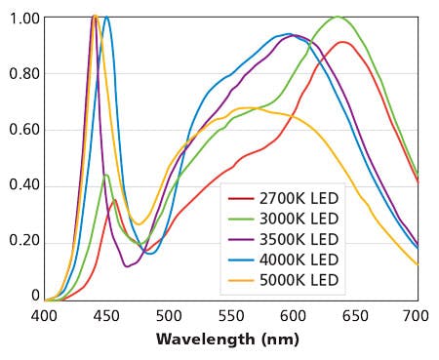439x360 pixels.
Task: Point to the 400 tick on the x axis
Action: (44, 316)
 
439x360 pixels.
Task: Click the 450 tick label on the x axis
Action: (106, 316)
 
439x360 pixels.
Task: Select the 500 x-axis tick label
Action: (169, 316)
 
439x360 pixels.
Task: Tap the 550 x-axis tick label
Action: (231, 316)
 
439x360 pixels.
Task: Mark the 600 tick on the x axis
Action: (293, 316)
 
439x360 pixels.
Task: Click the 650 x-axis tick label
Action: (355, 316)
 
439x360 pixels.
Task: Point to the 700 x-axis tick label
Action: (418, 316)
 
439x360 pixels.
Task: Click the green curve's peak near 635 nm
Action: (337, 17)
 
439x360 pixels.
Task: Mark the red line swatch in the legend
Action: (241, 199)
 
